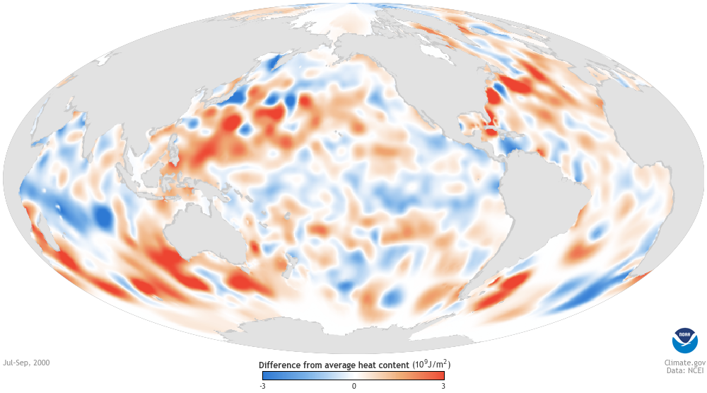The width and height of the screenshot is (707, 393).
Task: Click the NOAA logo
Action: pyautogui.click(x=684, y=341)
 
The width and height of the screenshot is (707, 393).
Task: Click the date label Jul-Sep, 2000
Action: pyautogui.click(x=26, y=363)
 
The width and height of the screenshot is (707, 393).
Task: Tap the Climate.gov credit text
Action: pyautogui.click(x=678, y=362)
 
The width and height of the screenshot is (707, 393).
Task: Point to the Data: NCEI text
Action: pyautogui.click(x=679, y=371)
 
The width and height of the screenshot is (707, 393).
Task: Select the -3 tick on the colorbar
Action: pyautogui.click(x=263, y=386)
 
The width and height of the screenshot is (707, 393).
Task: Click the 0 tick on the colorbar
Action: pyautogui.click(x=353, y=386)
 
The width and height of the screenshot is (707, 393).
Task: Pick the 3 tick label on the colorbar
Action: pyautogui.click(x=443, y=386)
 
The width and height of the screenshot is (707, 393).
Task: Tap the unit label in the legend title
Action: pyautogui.click(x=432, y=365)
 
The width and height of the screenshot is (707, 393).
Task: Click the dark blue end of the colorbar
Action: pyautogui.click(x=267, y=375)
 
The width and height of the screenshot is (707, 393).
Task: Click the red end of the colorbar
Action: pyautogui.click(x=440, y=375)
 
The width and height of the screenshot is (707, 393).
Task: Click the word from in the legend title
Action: pyautogui.click(x=315, y=365)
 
